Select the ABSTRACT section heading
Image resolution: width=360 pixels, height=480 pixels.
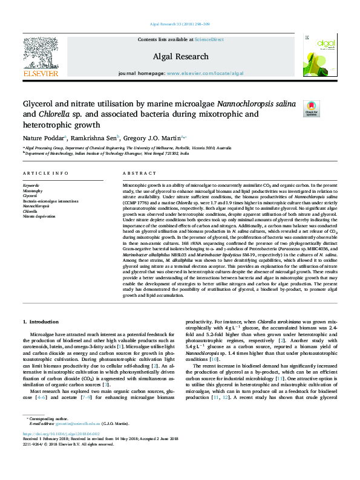point(138,173)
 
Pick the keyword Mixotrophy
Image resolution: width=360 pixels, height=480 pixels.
point(34,190)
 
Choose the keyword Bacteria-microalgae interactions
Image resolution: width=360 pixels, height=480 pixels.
point(50,201)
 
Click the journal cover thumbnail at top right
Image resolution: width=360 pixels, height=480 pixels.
point(318,54)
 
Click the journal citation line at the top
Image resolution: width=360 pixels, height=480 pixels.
point(180,24)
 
